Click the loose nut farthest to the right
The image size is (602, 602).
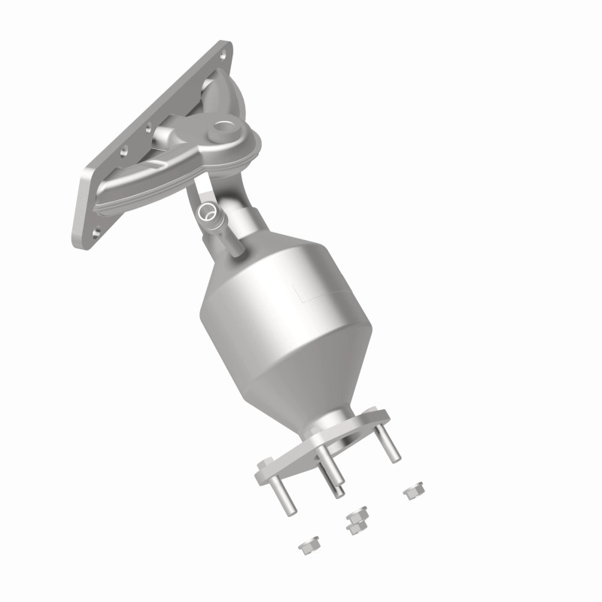pyautogui.click(x=411, y=492)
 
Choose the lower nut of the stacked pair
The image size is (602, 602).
pyautogui.click(x=354, y=528)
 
